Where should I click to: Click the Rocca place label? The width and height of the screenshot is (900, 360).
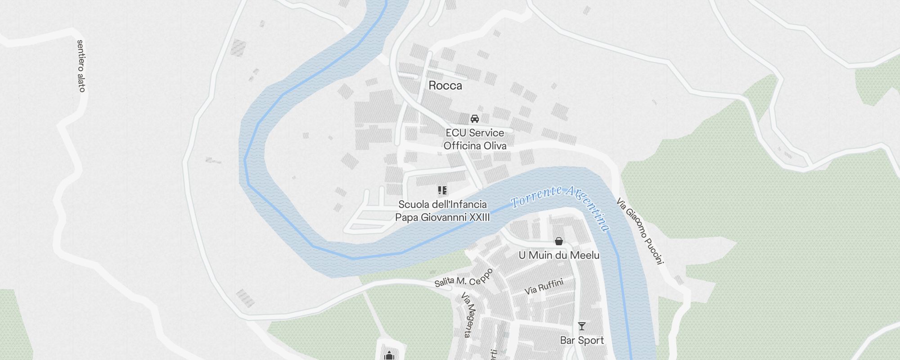(x=445, y=85)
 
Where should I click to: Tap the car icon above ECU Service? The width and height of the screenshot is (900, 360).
(x=474, y=119)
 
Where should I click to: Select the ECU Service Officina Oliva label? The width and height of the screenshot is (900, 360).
(x=475, y=139)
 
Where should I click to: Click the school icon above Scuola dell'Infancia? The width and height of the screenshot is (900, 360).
(x=442, y=190)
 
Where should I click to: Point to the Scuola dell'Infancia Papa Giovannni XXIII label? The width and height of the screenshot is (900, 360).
(x=442, y=211)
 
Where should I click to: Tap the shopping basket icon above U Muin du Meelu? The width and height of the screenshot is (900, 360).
(x=559, y=242)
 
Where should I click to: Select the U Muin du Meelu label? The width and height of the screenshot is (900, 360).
(x=559, y=255)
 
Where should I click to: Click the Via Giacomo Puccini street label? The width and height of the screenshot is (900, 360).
(x=640, y=231)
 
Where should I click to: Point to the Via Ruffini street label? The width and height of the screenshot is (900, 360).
(x=544, y=287)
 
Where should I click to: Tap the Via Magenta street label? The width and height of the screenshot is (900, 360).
(x=468, y=315)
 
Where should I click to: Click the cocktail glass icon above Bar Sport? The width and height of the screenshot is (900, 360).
(x=582, y=326)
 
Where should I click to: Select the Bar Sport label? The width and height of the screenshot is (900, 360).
(x=582, y=340)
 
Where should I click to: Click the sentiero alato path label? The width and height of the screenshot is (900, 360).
(x=81, y=66)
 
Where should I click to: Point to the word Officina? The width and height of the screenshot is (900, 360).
(x=462, y=146)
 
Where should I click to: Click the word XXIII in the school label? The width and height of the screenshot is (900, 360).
(x=479, y=218)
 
